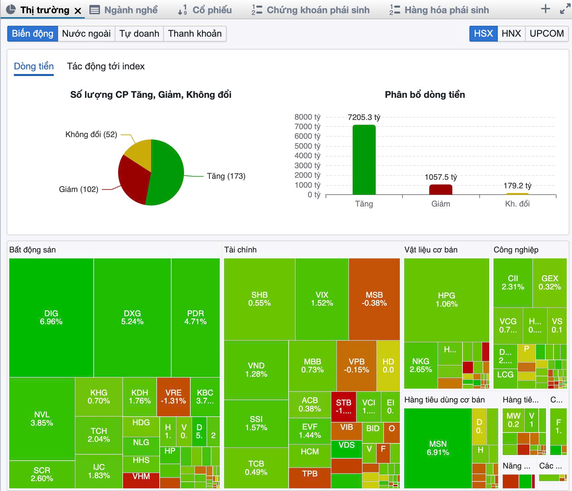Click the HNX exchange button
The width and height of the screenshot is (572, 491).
coord(511,34)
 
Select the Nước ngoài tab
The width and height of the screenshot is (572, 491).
coord(86,34)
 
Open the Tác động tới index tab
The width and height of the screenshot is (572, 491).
coord(106,66)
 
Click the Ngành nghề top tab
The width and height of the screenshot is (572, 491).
coord(124,10)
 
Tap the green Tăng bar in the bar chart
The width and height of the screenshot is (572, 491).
coord(364,160)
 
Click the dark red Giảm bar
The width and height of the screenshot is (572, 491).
coord(440,190)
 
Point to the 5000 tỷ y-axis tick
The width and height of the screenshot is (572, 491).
coord(307,146)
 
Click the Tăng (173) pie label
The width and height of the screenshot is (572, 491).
coord(226,176)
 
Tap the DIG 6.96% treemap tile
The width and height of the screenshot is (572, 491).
coord(51,317)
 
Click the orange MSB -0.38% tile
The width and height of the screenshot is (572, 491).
coord(374,299)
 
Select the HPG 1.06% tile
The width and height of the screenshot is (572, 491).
coord(446,300)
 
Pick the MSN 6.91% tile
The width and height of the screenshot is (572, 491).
coord(438,448)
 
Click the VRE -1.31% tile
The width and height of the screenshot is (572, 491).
coord(173,397)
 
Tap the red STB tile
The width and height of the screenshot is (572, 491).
coord(343,406)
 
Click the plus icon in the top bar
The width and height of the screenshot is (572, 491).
coord(546,9)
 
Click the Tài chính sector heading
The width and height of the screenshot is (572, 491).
coord(240,250)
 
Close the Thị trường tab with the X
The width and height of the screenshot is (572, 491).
coord(78,11)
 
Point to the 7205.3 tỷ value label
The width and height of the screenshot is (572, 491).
coord(364,117)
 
